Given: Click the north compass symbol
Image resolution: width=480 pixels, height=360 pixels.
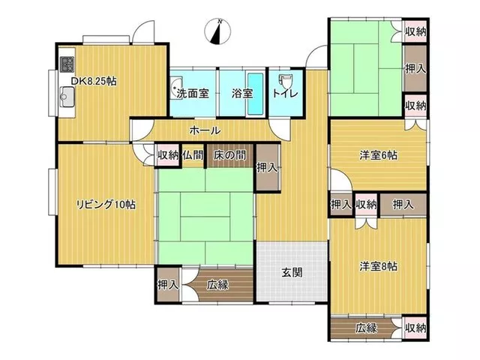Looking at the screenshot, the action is point(217,31).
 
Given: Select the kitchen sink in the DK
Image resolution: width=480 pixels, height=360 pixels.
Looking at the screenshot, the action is point(67,97).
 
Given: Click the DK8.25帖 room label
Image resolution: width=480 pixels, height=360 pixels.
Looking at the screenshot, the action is point(94,82).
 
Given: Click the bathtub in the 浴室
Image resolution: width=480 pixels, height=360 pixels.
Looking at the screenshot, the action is point(255,94).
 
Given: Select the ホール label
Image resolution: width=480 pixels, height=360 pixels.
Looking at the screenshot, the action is point(205,130).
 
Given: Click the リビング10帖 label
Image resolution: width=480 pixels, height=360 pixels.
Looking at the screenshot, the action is point(106,204).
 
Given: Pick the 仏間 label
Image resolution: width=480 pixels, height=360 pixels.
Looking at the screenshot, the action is point(193,155).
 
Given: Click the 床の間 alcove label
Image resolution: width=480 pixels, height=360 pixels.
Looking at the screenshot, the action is point(229,155).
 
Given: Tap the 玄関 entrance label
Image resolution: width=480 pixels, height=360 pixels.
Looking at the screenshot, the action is point(292,272).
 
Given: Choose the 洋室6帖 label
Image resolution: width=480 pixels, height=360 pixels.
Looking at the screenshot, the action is point(379,155).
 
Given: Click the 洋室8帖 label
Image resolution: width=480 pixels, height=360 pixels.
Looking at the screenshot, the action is point(379,266).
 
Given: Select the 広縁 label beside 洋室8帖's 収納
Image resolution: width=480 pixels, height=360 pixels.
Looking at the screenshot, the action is point(366,328).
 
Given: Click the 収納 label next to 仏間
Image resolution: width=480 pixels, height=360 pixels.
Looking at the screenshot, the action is point(168,155).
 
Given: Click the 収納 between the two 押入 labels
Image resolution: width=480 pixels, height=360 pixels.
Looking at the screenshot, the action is point(366,204).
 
